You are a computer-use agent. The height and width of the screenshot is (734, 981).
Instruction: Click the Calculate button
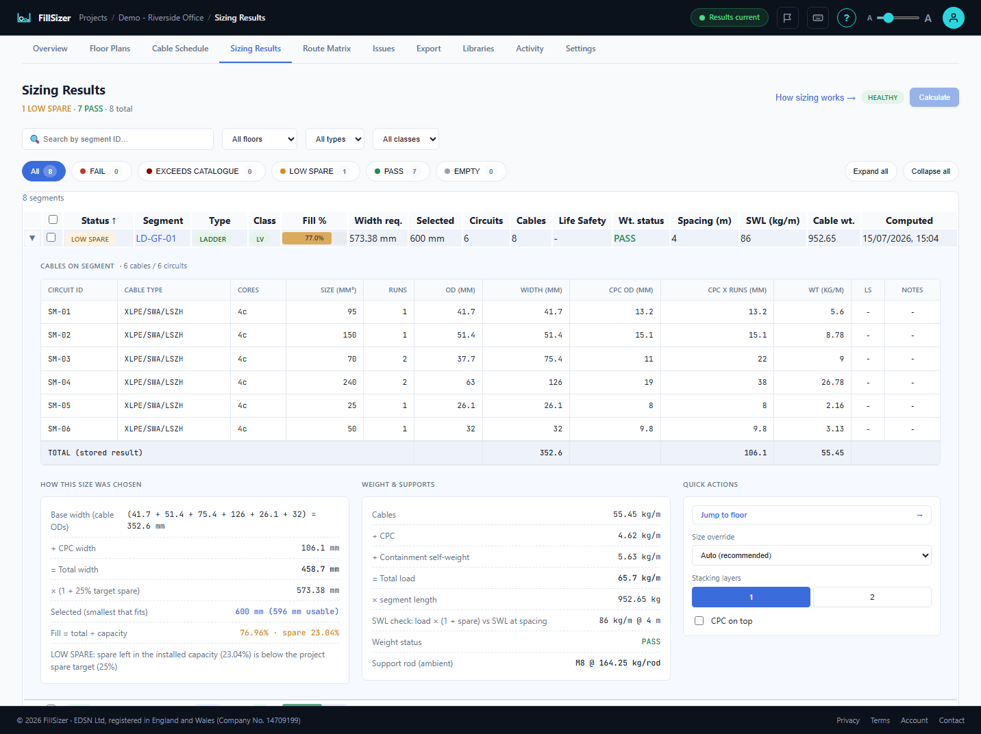934,97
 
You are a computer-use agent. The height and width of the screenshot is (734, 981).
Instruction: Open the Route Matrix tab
327,49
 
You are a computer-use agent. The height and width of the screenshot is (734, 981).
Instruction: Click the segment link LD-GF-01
156,238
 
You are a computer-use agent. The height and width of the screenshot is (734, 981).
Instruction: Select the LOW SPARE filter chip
316,171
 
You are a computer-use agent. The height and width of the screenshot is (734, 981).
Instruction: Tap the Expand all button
871,171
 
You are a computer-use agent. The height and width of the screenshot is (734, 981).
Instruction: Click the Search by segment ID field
118,139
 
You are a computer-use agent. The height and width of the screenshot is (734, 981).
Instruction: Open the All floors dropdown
260,139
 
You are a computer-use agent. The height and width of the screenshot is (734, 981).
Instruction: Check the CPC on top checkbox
699,621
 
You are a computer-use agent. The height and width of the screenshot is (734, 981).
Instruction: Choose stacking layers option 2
872,597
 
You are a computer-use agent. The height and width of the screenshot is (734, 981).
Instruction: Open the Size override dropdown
812,555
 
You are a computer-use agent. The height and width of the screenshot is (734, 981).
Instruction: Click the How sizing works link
815,97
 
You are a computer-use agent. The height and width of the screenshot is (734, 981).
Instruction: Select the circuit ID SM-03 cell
60,359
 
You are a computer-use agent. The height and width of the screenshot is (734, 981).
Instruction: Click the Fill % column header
314,220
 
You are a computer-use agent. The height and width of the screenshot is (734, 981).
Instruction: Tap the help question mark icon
846,18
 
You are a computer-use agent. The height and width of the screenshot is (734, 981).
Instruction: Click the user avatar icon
954,18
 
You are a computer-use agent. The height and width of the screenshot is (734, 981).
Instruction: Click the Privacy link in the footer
848,720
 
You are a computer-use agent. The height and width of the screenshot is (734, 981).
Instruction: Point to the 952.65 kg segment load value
638,599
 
